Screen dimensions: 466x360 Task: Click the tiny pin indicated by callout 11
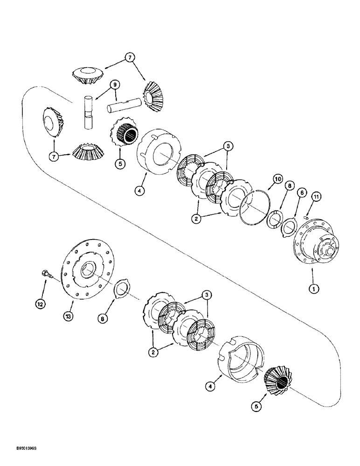[x=306, y=216]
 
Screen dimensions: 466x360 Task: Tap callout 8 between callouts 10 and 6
[x=289, y=185]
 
